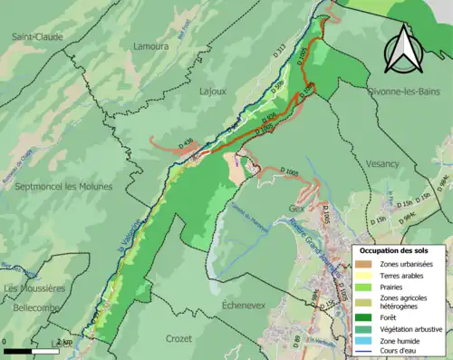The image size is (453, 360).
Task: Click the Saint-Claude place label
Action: pos(37,37)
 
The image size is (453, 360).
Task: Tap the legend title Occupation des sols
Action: pos(400,224)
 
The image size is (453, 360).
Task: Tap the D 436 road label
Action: pos(188,141)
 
